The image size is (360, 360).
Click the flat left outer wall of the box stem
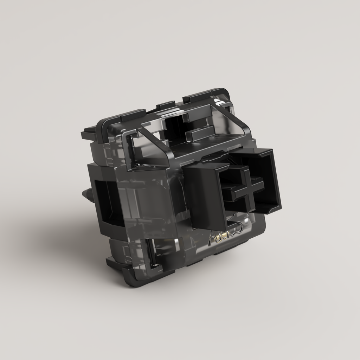pyautogui.click(x=204, y=197)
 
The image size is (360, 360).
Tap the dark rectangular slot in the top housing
pyautogui.click(x=176, y=125)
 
